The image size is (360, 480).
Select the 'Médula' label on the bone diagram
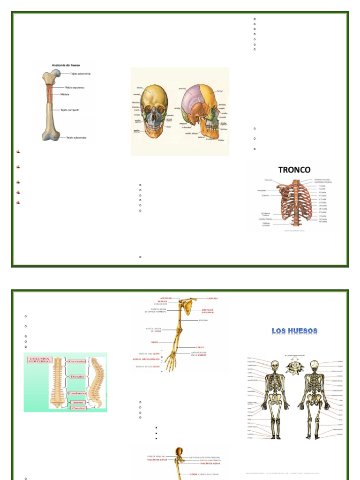pyautogui.click(x=65, y=94)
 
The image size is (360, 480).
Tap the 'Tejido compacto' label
pyautogui.click(x=70, y=110)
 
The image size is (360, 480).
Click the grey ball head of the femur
pyautogui.click(x=56, y=73)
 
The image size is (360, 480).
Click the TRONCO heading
pyautogui.click(x=294, y=169)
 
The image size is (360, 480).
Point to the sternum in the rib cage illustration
pyautogui.click(x=294, y=199)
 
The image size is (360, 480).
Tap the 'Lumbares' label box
pyautogui.click(x=76, y=393)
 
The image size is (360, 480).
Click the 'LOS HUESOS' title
pyautogui.click(x=295, y=331)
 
